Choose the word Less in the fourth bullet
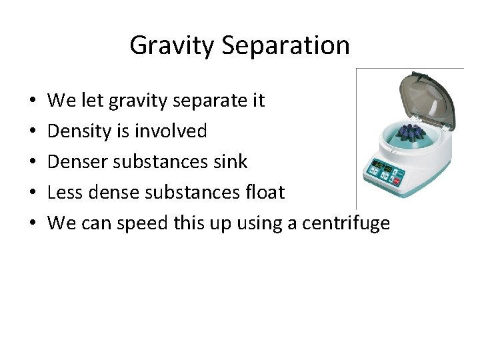pos(64,193)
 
